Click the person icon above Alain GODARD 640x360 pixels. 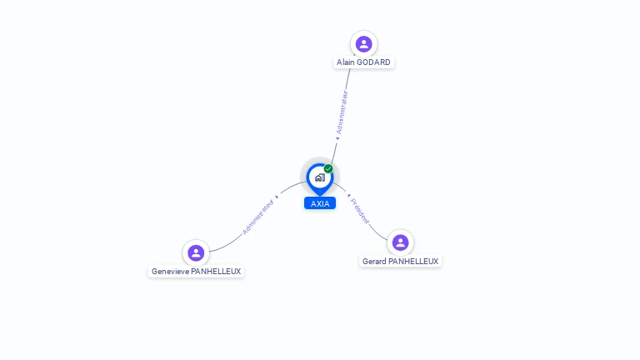coord(363,44)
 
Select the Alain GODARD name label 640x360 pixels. coord(363,62)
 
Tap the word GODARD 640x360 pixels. coord(373,62)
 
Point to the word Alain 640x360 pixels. coord(346,62)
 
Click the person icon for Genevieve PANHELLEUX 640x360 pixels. coord(196,252)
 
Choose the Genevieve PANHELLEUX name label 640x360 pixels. coord(196,272)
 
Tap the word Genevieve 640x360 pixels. coord(170,272)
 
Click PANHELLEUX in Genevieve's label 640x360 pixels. coord(216,272)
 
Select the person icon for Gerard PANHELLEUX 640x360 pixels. coord(400,242)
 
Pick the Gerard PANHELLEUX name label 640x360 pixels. coord(400,262)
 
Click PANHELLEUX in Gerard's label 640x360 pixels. coord(413,262)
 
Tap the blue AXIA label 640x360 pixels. coord(320,203)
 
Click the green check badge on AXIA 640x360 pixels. coord(328,169)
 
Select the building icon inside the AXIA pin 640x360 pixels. coord(319,177)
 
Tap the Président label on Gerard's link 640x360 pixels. coord(359,211)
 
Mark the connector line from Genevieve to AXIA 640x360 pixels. coord(229,242)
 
